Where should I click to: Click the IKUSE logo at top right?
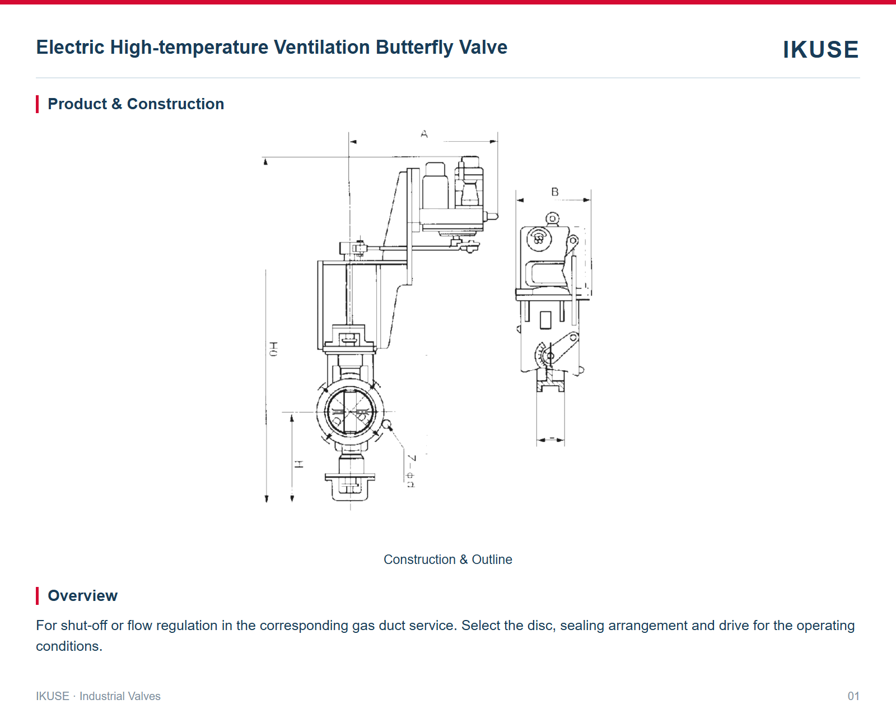[x=820, y=49]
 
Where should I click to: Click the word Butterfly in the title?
[x=414, y=48]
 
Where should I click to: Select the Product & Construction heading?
[x=136, y=104]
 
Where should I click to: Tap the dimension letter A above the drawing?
[x=424, y=134]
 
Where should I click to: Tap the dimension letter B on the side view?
[x=554, y=192]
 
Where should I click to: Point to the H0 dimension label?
[x=273, y=349]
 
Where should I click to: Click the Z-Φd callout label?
[x=411, y=470]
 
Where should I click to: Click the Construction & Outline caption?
[x=447, y=560]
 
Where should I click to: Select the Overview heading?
[x=82, y=595]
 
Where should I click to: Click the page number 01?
[x=853, y=696]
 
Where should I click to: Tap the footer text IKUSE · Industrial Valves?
[x=98, y=696]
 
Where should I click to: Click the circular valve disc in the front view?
[x=350, y=412]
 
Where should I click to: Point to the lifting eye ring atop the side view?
[x=552, y=218]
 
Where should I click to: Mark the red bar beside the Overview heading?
[x=38, y=595]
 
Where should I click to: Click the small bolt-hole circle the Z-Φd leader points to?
[x=387, y=425]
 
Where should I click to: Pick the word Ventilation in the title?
[x=322, y=48]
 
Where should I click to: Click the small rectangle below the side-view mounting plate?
[x=545, y=320]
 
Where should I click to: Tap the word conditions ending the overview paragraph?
[x=69, y=646]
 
